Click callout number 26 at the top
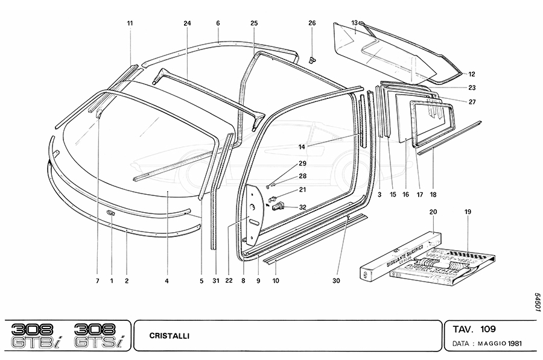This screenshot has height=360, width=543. [312, 23]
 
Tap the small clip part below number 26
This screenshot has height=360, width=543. [312, 58]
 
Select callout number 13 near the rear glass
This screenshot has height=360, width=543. [355, 23]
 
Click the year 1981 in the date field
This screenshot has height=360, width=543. [514, 344]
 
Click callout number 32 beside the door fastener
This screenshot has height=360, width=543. [302, 207]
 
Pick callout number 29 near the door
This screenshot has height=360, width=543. [302, 164]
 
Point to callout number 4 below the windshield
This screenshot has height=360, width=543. [167, 280]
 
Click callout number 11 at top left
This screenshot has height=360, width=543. [130, 23]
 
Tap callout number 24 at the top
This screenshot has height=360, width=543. [187, 23]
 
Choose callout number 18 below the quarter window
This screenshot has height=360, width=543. [433, 195]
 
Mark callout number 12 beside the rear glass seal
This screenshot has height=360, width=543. [472, 74]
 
